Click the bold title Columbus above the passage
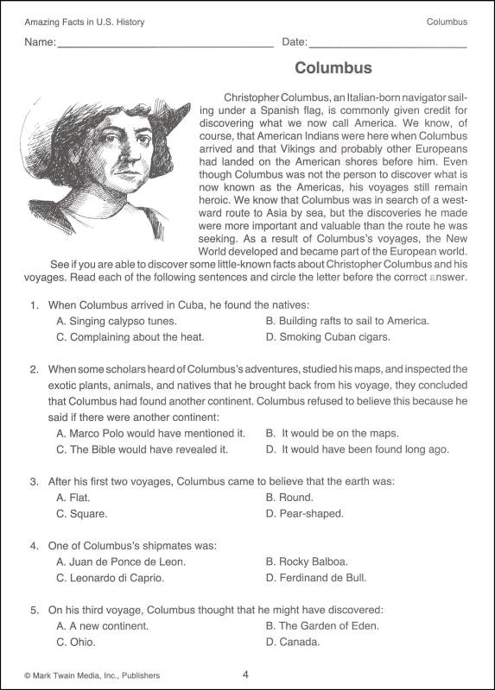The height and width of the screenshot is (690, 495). (333, 68)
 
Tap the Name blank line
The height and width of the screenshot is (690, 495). (165, 44)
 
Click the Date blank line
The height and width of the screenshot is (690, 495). (388, 44)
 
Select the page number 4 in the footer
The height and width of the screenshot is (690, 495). (246, 674)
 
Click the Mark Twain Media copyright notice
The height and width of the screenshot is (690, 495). (92, 675)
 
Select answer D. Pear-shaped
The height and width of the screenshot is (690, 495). (304, 514)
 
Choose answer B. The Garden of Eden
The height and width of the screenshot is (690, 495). (322, 626)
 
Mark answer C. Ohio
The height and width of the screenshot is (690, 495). (75, 643)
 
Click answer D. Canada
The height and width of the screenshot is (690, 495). (293, 643)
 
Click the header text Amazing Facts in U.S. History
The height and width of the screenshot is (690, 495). (84, 22)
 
